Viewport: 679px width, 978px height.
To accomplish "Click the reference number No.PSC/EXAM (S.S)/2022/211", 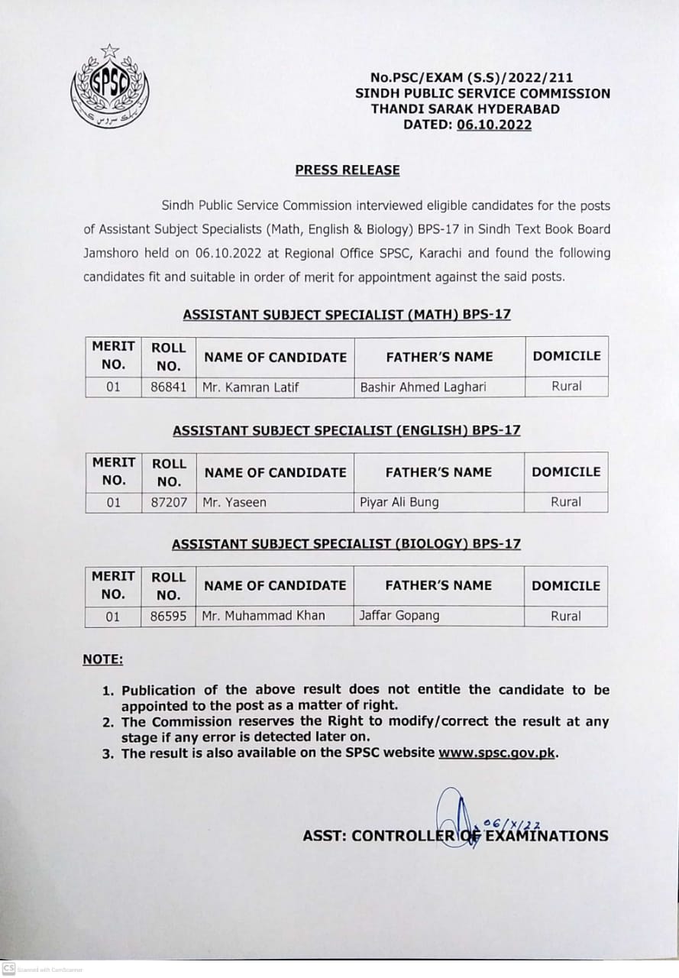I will point(471,77).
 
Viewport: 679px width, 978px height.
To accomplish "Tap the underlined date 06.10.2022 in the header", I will point(494,125).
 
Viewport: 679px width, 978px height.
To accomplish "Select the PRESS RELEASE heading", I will point(348,170).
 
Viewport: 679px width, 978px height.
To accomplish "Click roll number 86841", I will point(169,387).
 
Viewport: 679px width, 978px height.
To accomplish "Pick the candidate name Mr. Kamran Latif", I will point(251,387).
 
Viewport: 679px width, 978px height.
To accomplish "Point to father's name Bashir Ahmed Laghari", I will point(423,387).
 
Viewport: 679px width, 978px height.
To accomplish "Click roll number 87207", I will point(169,502).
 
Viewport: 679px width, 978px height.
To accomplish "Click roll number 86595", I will point(169,616).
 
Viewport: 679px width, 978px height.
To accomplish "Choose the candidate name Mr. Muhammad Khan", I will point(264,616).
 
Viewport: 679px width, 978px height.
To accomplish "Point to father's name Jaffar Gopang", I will point(399,616).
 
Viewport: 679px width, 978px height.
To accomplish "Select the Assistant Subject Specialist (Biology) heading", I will point(346,544).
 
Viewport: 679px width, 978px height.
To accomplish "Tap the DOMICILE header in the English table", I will point(566,472).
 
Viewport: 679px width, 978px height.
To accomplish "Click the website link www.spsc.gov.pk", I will point(496,753).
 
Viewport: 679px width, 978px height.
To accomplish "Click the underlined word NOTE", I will point(102,659).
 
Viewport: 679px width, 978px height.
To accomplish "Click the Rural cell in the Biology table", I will point(566,616).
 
